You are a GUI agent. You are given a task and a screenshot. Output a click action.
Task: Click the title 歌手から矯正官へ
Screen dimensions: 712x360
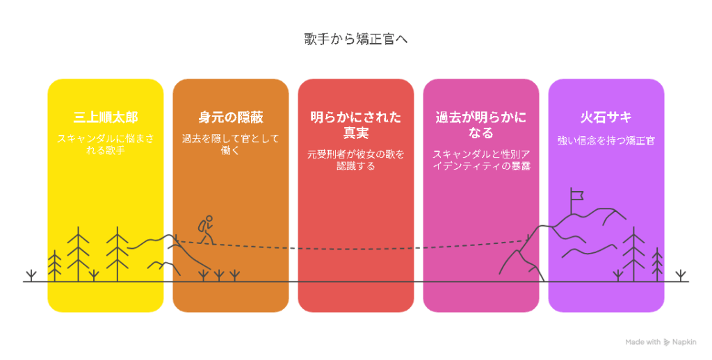pyautogui.click(x=355, y=39)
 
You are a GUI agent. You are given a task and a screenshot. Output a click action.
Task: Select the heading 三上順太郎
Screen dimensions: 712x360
pyautogui.click(x=106, y=117)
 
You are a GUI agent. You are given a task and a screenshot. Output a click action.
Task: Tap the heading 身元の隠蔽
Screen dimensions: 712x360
pyautogui.click(x=231, y=117)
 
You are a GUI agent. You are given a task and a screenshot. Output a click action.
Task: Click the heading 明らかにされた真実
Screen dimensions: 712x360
pyautogui.click(x=355, y=125)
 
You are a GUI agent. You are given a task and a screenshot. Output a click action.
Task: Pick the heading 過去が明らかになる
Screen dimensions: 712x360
pyautogui.click(x=481, y=125)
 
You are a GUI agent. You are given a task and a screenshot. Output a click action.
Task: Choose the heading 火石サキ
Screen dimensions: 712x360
pyautogui.click(x=606, y=117)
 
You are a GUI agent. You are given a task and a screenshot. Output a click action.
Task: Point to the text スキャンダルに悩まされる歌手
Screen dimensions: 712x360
pyautogui.click(x=106, y=145)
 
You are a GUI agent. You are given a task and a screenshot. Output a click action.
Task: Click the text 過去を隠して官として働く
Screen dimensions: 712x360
pyautogui.click(x=231, y=145)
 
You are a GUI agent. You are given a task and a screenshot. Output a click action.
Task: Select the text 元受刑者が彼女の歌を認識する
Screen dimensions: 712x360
pyautogui.click(x=355, y=161)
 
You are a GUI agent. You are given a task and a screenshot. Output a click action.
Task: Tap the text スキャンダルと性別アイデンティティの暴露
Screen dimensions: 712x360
pyautogui.click(x=481, y=161)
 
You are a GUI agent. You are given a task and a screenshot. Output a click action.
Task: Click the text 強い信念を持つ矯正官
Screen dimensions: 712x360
pyautogui.click(x=606, y=140)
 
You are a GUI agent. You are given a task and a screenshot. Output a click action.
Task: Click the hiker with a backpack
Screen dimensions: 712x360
pyautogui.click(x=206, y=230)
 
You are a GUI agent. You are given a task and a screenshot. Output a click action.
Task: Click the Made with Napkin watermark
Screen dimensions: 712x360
pyautogui.click(x=661, y=342)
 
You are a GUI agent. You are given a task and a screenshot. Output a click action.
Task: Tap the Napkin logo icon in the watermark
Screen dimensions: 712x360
pyautogui.click(x=667, y=343)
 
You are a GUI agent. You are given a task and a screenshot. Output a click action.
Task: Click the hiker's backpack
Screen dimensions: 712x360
pyautogui.click(x=202, y=226)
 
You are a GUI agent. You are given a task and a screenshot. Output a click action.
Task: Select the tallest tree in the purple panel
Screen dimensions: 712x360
pyautogui.click(x=633, y=254)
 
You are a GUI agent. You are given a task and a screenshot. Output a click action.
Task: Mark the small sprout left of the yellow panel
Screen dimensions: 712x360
pyautogui.click(x=31, y=276)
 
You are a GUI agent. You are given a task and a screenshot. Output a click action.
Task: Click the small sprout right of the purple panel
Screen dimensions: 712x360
pyautogui.click(x=680, y=276)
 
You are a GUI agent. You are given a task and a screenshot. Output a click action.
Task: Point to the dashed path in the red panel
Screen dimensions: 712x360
pyautogui.click(x=355, y=249)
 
